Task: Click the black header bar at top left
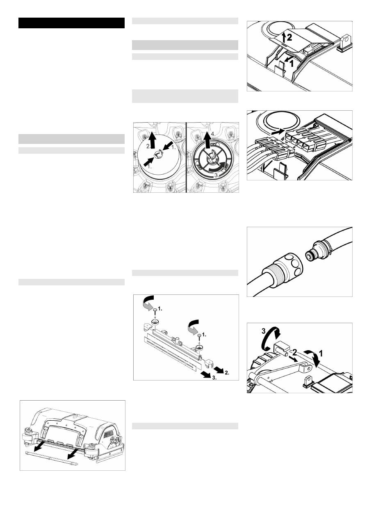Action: pos(71,23)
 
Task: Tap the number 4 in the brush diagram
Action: pos(213,134)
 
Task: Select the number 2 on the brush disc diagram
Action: pos(148,146)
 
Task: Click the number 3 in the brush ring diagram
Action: pos(216,176)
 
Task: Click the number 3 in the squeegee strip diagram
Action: pos(214,378)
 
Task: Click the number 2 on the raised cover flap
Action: pos(289,37)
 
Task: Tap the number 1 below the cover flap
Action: pos(292,64)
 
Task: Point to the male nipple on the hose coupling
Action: pos(310,255)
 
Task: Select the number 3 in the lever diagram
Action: pos(264,331)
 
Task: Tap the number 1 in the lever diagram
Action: pos(321,354)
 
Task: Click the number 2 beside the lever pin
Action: pos(295,353)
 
